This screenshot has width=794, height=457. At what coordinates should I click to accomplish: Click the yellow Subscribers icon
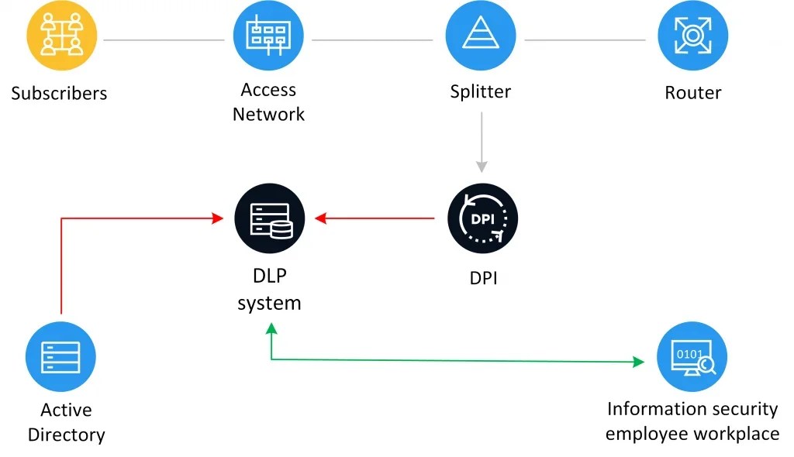tap(62, 36)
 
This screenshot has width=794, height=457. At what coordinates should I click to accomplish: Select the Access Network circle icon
tap(268, 36)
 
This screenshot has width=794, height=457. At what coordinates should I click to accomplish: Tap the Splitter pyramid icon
tap(481, 36)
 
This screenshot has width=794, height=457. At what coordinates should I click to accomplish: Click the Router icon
tap(692, 36)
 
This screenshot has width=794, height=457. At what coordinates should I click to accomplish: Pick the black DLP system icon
tap(270, 218)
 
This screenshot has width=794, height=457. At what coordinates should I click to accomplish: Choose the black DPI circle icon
tap(482, 218)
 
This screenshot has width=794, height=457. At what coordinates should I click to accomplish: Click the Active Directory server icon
tap(60, 357)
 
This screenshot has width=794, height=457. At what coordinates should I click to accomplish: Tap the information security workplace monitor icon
tap(692, 357)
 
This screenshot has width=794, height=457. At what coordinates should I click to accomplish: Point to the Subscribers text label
tap(59, 93)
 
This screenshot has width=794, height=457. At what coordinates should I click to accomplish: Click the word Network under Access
tap(268, 115)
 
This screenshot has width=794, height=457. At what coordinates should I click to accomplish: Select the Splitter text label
tap(481, 91)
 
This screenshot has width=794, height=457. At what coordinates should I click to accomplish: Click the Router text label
tap(692, 93)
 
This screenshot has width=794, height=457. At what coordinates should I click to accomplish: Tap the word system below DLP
tap(269, 304)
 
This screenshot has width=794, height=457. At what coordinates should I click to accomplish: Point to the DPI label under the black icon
tap(483, 278)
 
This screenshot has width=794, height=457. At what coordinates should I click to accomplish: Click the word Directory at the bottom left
tap(67, 435)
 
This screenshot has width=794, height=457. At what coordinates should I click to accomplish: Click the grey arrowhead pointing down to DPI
tap(482, 167)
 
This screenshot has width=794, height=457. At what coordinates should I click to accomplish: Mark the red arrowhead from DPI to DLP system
tap(320, 218)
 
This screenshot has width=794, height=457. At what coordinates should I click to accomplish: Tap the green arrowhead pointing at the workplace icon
tap(639, 362)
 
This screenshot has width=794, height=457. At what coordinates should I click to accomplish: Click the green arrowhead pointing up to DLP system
tap(271, 329)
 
